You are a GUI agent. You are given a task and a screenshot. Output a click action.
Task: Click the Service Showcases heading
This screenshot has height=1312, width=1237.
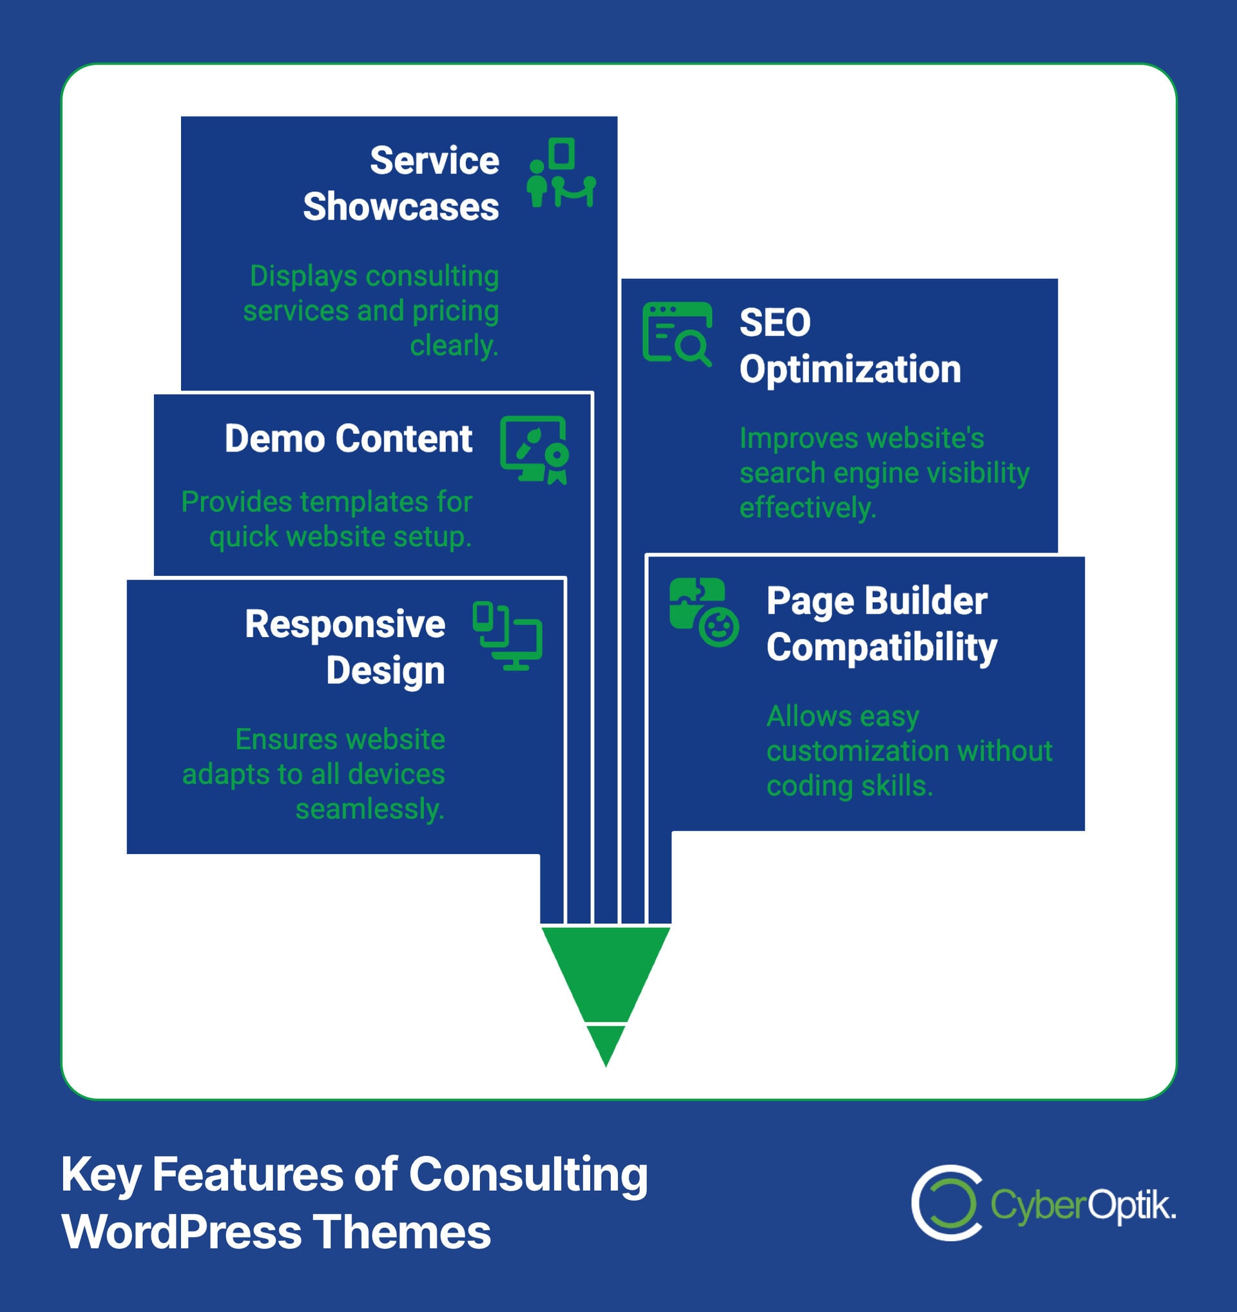pos(401,184)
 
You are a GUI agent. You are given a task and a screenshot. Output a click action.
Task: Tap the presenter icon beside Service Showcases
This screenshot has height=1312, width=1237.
pos(561,173)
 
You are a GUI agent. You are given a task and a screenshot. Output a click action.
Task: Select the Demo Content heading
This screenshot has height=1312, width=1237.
pos(348,439)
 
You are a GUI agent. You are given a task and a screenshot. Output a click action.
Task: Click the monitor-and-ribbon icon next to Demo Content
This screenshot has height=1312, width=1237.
pos(534,450)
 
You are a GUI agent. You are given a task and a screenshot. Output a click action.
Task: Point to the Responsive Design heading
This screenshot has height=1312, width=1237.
pos(345,647)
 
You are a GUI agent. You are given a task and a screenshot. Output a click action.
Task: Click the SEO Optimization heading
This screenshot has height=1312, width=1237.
pos(850,346)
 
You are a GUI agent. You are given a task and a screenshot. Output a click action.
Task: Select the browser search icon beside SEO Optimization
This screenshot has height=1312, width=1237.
pos(676,333)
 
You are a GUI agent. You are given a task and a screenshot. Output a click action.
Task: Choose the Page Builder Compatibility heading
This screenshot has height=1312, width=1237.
pos(881,623)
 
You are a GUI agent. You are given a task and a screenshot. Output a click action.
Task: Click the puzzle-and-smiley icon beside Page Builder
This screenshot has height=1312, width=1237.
pos(704,612)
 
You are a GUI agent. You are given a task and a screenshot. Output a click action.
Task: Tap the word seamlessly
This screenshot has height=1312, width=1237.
pos(370,809)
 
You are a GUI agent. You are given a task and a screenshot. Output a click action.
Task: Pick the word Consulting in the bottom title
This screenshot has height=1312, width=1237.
pos(528,1175)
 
